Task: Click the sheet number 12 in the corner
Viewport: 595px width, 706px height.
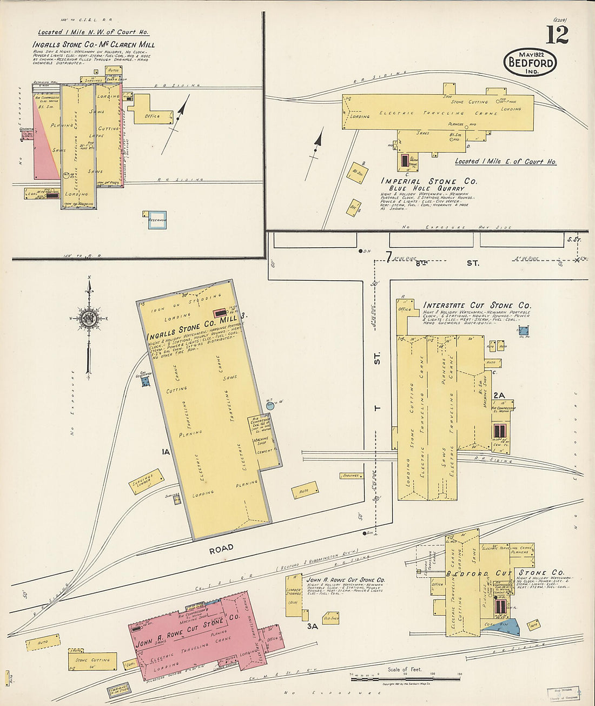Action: [557, 35]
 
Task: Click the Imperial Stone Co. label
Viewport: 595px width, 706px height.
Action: [429, 181]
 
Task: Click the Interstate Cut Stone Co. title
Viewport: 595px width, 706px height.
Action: [477, 306]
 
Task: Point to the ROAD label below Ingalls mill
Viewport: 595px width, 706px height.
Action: [222, 547]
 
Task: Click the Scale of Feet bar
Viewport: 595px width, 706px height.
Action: [406, 678]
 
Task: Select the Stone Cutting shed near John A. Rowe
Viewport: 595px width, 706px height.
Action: [92, 660]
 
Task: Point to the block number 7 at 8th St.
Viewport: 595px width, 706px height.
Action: [388, 257]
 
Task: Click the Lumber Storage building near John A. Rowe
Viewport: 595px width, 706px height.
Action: [294, 595]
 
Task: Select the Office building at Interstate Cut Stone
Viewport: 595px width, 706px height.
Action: [404, 309]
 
